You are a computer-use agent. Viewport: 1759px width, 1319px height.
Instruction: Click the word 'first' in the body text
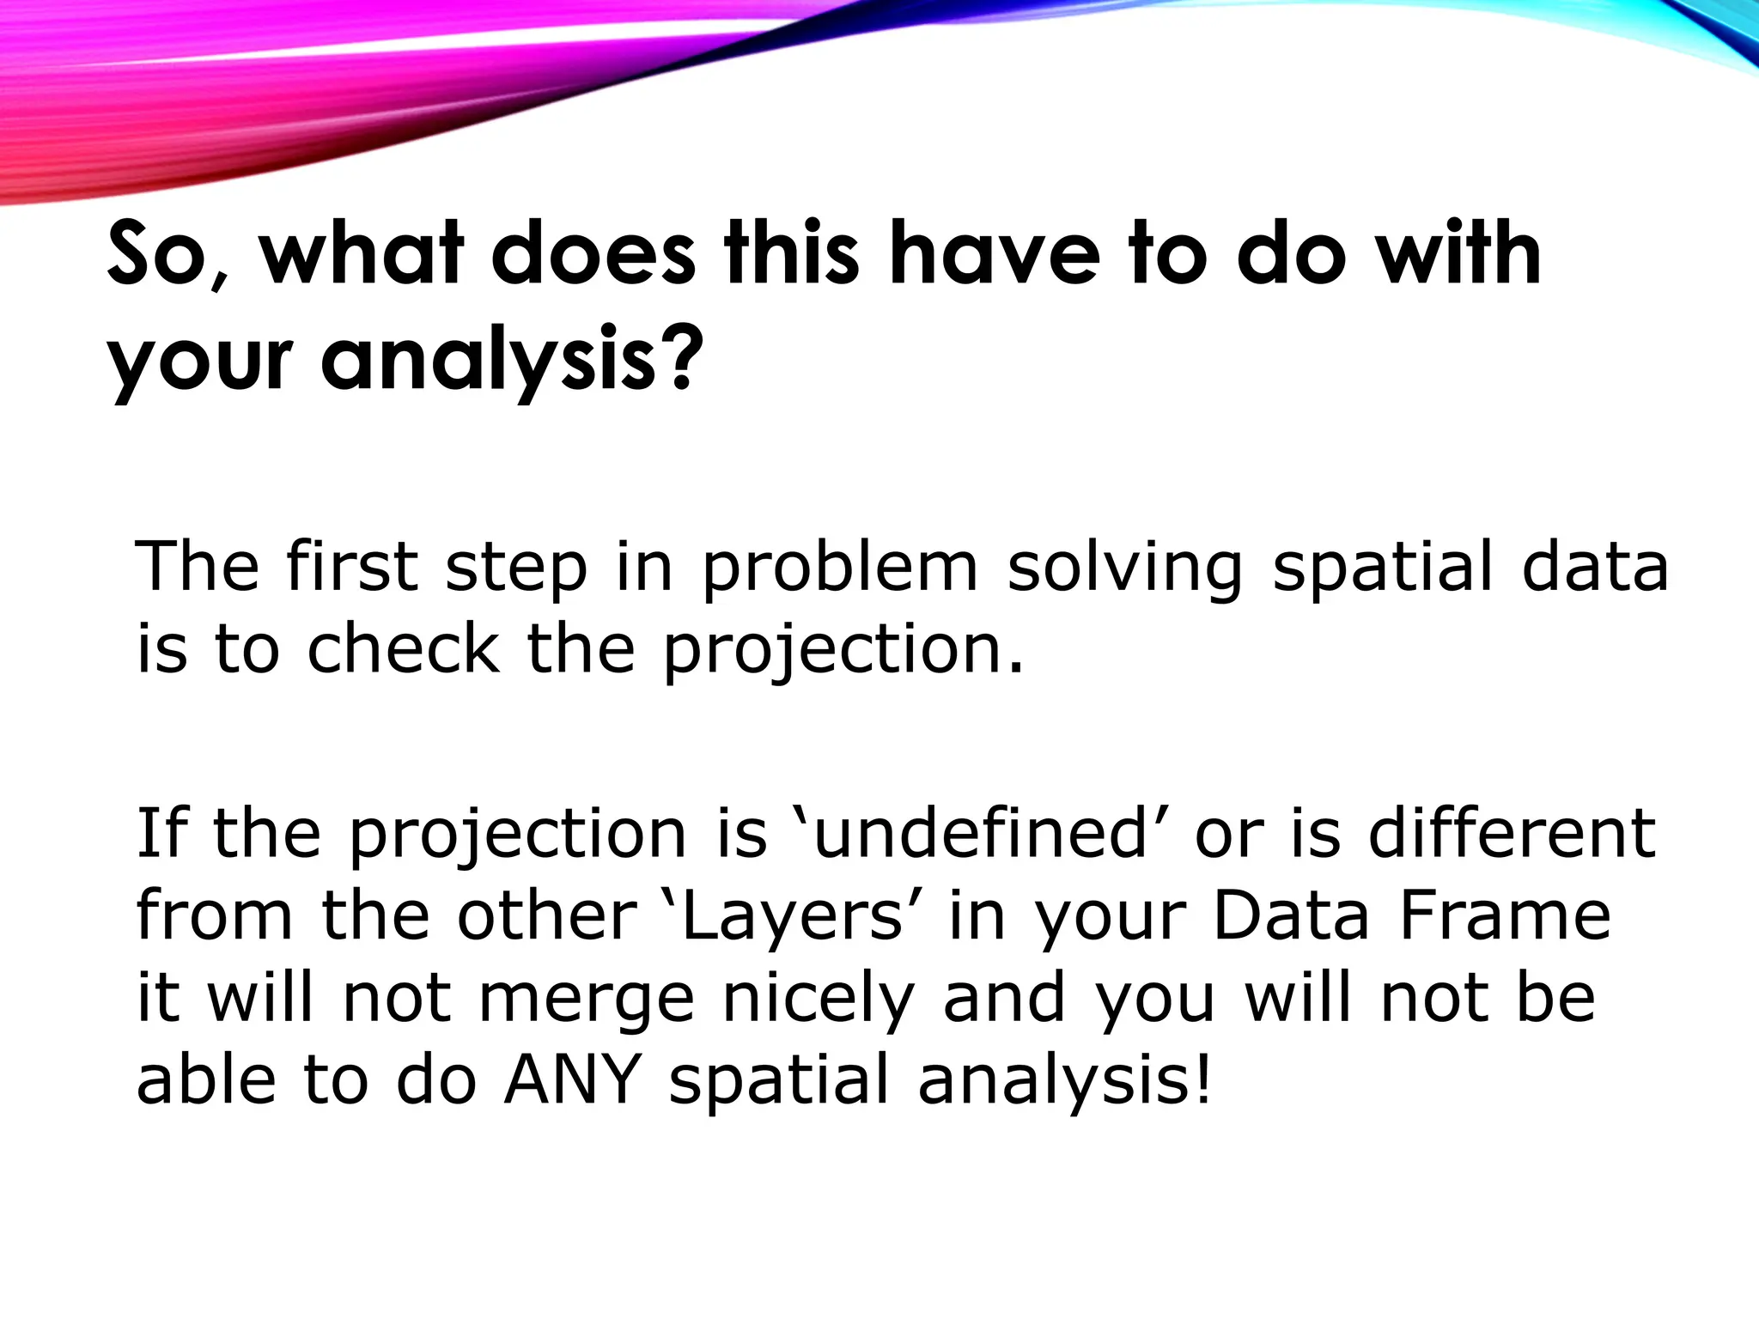tap(352, 567)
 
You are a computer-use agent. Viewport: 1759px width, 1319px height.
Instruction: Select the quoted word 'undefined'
tap(979, 833)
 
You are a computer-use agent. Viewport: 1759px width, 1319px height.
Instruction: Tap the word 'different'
tap(1512, 833)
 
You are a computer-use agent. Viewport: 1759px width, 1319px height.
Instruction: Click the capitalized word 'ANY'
tap(572, 1079)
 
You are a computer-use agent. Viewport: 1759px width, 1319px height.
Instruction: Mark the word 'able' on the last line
tap(205, 1079)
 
